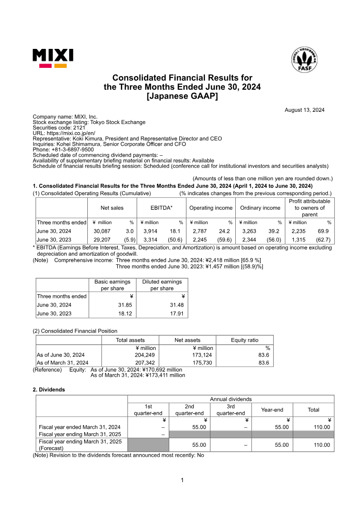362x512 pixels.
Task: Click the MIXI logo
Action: [x=52, y=58]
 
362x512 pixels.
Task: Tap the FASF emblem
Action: [x=304, y=59]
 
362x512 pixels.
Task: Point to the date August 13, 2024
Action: [x=304, y=110]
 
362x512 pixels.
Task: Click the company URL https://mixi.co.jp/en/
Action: [x=71, y=133]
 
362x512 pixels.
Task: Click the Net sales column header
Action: [x=112, y=208]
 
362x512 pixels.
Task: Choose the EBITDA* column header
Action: [x=162, y=208]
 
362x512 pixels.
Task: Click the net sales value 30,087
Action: [x=101, y=231]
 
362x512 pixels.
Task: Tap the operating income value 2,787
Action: [x=200, y=231]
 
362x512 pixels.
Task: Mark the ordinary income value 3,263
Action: [x=249, y=231]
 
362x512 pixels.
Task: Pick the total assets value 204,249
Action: [x=146, y=355]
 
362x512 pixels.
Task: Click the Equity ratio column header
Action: [x=245, y=340]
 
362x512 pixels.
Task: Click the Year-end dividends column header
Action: [x=272, y=410]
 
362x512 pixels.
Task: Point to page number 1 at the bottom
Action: [x=182, y=480]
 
